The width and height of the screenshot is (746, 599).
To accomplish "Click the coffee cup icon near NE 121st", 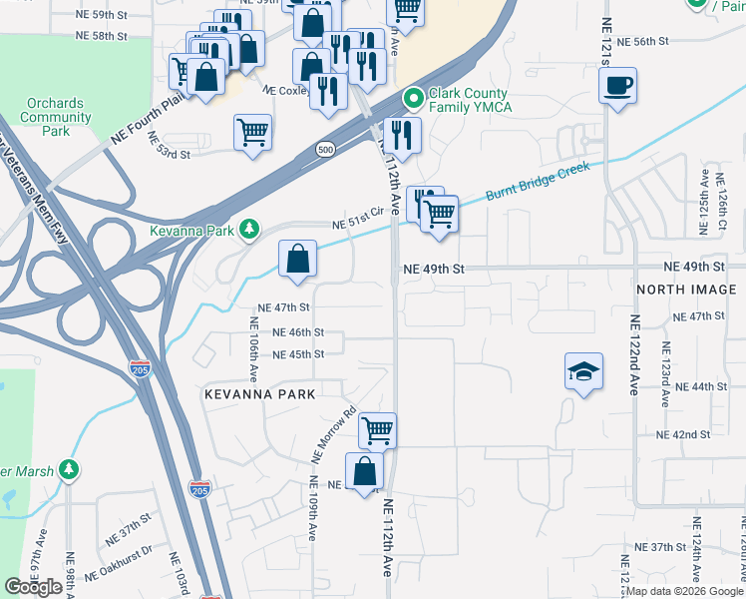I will [618, 85].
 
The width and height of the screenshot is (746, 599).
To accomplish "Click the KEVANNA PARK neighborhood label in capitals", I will [259, 394].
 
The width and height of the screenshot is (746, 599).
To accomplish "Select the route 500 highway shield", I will [325, 149].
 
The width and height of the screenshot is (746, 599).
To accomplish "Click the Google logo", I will [33, 587].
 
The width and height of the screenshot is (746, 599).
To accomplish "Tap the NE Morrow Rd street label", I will [333, 435].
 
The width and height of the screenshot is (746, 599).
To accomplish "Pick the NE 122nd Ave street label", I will [634, 353].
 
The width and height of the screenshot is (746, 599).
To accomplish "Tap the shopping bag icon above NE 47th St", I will [297, 260].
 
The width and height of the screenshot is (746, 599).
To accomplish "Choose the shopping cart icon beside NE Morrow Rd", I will [377, 430].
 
